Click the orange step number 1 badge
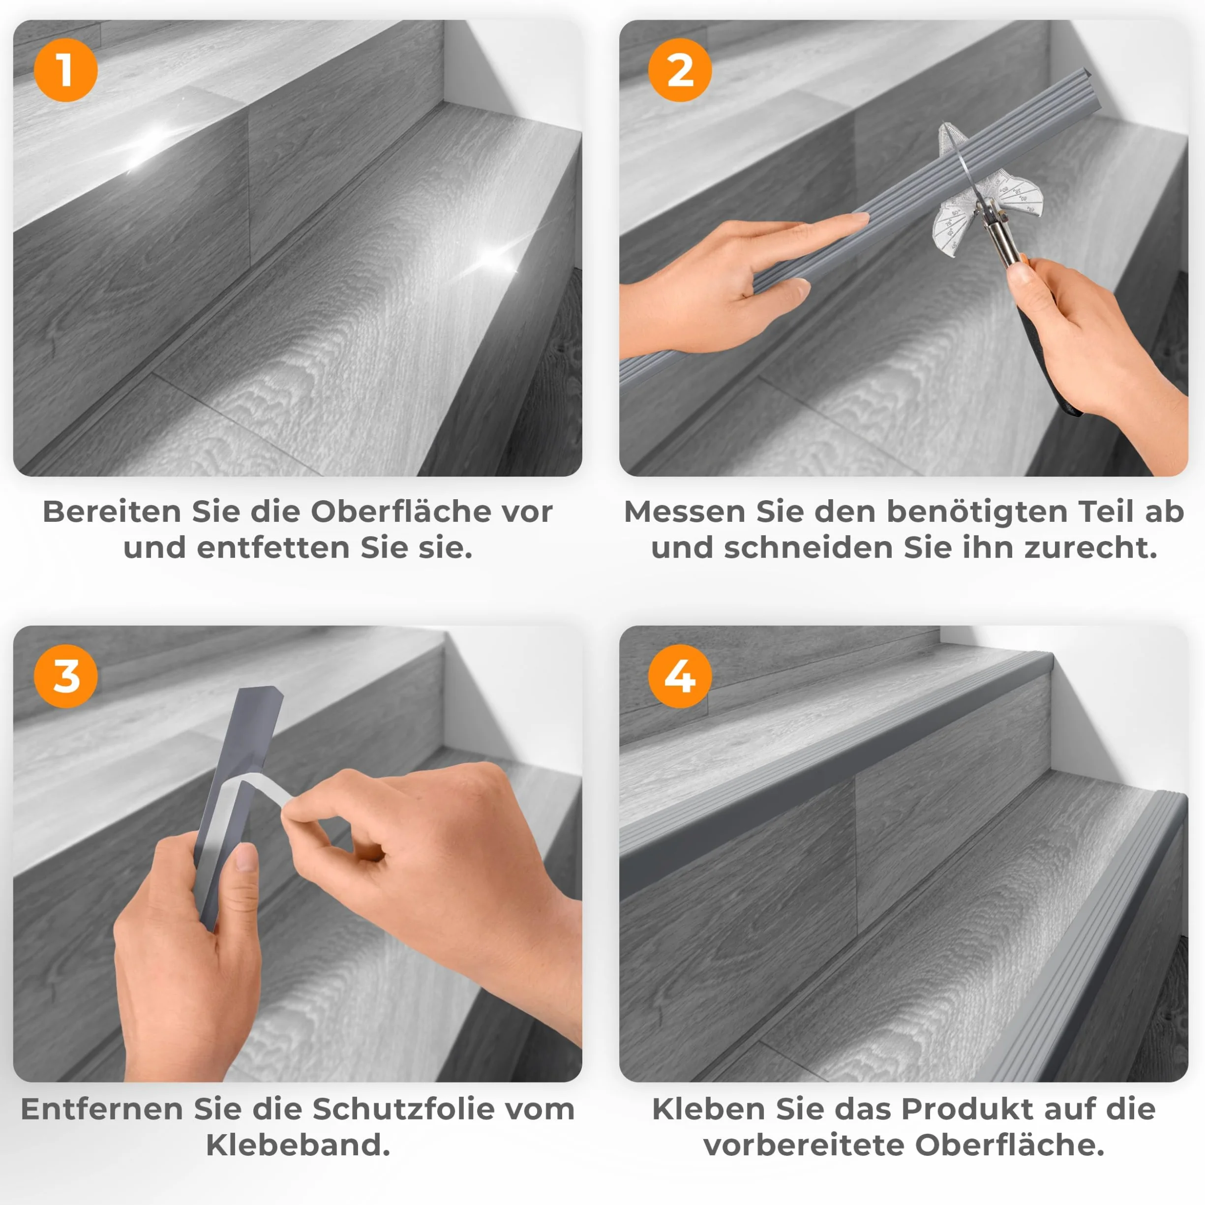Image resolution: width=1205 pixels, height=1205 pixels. [65, 70]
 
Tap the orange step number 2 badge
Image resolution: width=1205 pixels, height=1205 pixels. [680, 70]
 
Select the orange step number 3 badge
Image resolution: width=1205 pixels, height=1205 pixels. [65, 676]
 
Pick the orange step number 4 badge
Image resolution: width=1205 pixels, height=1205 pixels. [680, 676]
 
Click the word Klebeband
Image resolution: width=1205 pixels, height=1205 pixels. [298, 1145]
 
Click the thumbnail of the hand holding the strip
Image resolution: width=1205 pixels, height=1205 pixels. [246, 859]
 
